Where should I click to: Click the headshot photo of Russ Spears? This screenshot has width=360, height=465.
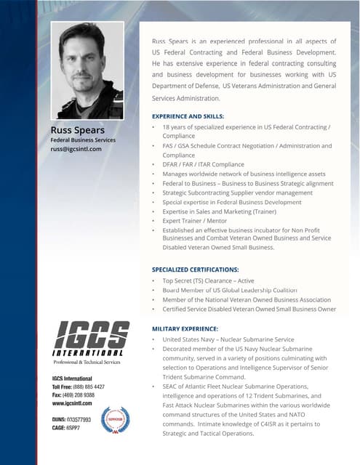[x=87, y=70]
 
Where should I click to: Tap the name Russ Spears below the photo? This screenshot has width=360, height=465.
[x=77, y=130]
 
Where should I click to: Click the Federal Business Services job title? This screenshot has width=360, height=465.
[x=82, y=139]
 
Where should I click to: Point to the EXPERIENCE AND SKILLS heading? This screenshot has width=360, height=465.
[x=188, y=116]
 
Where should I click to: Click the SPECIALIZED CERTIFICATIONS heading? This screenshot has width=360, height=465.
[x=195, y=270]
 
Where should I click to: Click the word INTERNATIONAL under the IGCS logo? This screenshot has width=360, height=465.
[x=91, y=353]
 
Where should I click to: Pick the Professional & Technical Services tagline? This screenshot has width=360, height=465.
[x=86, y=362]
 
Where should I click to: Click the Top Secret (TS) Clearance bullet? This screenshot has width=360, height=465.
[x=208, y=280]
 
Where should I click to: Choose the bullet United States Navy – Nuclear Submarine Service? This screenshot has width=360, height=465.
[x=228, y=339]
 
